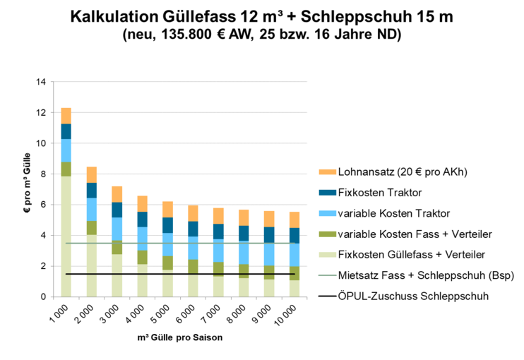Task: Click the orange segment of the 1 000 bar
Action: tap(66, 116)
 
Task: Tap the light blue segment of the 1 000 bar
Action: tap(66, 150)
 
